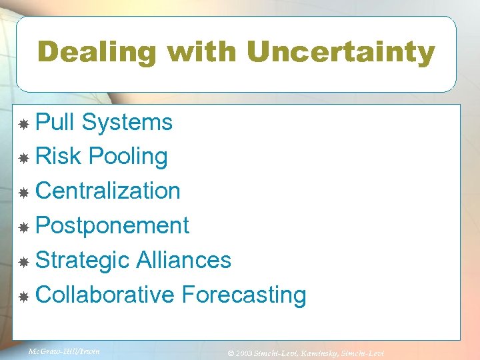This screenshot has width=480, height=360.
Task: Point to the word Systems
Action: point(127,122)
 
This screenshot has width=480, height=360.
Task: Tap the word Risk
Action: point(58,157)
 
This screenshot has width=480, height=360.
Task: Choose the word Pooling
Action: point(128,157)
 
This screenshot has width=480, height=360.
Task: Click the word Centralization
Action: point(108,191)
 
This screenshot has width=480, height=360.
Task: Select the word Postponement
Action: point(112,225)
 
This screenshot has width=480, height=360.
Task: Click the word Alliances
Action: point(183,260)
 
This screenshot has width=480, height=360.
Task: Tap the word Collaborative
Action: point(105,294)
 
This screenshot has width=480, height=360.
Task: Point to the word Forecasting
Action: point(243,294)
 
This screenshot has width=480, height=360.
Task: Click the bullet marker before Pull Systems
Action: point(23,124)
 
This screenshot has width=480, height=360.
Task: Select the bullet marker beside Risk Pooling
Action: point(23,159)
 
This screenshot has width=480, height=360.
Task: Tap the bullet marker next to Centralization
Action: point(23,193)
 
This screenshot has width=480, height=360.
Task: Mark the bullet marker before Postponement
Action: point(23,227)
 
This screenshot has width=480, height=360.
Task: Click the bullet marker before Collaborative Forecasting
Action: point(23,296)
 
